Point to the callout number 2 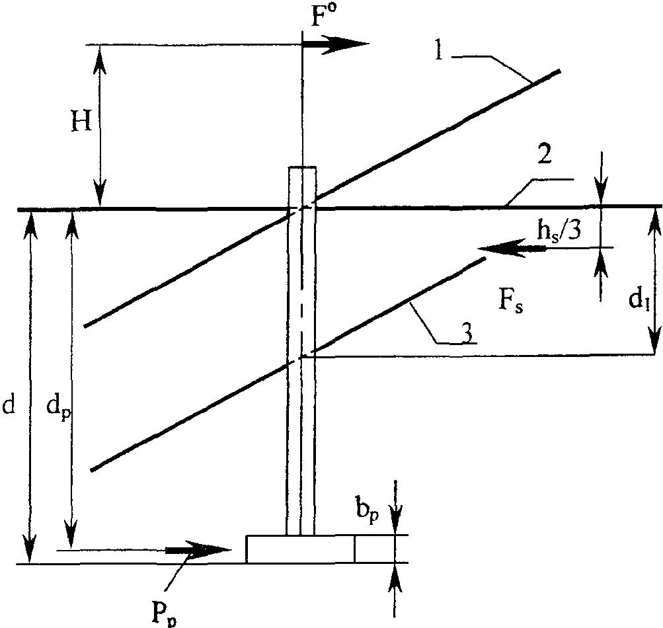tap(544, 155)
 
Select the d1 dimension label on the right tap(639, 300)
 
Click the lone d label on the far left tap(9, 405)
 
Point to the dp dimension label tap(58, 408)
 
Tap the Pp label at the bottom tap(164, 615)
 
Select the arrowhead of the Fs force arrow tap(499, 247)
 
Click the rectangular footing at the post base tap(301, 549)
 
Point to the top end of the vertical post tap(302, 167)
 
